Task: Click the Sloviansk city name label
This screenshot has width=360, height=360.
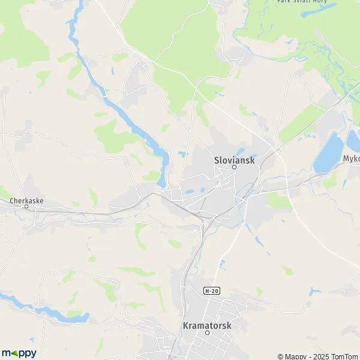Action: click(235, 160)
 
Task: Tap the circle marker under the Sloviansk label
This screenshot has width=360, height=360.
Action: click(235, 167)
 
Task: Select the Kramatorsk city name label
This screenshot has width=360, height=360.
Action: click(206, 325)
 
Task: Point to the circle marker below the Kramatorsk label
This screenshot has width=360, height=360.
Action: click(206, 332)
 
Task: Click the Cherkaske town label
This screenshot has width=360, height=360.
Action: click(26, 201)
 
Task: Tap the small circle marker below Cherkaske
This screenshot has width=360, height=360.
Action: click(26, 206)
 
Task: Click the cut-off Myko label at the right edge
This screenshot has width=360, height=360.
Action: click(351, 159)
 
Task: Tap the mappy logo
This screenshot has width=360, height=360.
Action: click(19, 353)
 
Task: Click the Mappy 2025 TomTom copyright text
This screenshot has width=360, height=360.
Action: click(318, 356)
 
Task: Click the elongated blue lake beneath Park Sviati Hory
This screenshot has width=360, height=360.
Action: click(318, 11)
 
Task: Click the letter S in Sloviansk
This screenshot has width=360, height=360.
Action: click(217, 160)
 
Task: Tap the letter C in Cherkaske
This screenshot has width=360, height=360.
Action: click(12, 201)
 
